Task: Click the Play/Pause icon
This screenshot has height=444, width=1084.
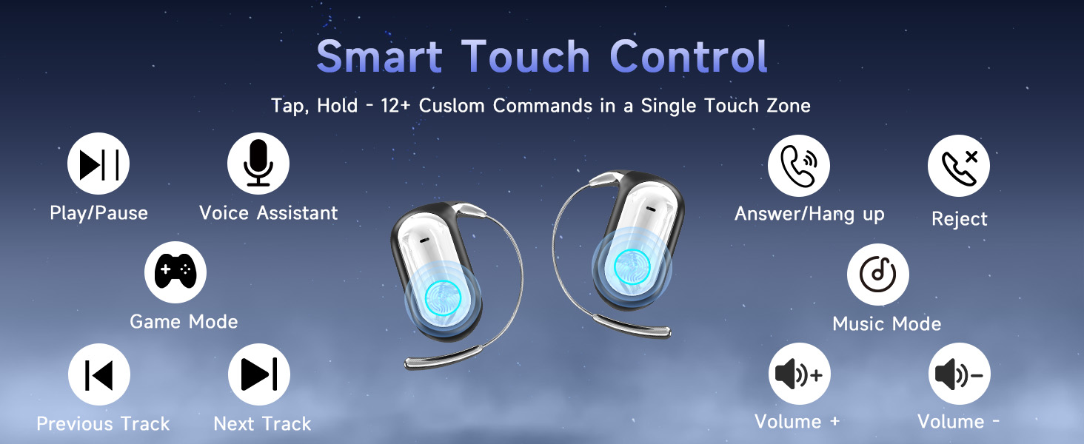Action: pos(98,164)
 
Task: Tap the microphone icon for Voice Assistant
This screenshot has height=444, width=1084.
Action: pos(258,164)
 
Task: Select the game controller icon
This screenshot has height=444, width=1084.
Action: pos(175,272)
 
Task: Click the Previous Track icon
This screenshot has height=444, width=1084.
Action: pos(99,374)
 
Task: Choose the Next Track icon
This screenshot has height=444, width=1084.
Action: pos(259,374)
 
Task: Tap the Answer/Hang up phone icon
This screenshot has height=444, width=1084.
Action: pos(798,166)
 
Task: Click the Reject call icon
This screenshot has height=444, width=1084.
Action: pos(959,166)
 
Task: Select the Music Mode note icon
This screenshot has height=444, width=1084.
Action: pos(878,275)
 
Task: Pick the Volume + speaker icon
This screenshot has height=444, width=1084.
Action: pos(800,374)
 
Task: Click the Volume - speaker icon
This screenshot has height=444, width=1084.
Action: pos(959,374)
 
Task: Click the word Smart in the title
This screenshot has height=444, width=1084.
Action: pos(379,56)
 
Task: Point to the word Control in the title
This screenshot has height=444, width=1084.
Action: pos(689,56)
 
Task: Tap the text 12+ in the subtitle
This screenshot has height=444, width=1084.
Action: pos(395,106)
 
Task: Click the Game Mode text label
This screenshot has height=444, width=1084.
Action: pos(184,322)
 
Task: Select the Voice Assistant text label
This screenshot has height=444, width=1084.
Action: pos(269,213)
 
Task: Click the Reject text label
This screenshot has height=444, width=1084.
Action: pos(959,219)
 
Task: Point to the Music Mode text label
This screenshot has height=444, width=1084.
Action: pos(886,323)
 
